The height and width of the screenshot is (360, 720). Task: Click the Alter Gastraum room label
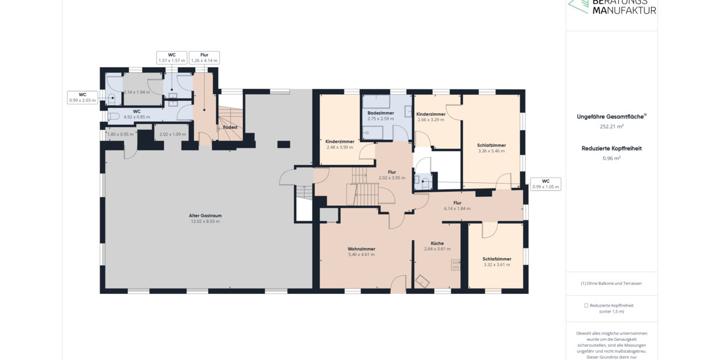pos(205,215)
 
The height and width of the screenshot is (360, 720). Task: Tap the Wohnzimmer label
pos(361,249)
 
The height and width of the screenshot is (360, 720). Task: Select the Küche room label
pos(437,243)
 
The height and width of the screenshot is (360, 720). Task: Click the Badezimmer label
pos(380,113)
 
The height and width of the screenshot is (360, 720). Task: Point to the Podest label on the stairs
pos(230,127)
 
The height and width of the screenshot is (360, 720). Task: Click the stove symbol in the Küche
pos(455,263)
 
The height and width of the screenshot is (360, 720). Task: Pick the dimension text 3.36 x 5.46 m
pos(491,151)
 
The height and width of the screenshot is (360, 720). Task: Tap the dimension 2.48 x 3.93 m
pos(340,147)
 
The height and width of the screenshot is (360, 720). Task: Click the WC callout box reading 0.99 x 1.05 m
pos(545,184)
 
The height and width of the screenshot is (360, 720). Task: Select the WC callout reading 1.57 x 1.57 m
pos(172,58)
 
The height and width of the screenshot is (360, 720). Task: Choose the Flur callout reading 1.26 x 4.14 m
pos(204,58)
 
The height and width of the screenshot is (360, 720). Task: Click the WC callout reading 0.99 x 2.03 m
pos(82,97)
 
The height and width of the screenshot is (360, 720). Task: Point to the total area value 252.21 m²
pos(611,127)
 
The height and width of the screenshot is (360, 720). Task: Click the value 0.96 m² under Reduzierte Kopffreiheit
pos(611,158)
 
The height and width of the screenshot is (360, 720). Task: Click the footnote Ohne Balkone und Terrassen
pos(611,283)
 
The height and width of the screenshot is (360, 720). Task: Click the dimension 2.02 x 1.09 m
pos(173,134)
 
